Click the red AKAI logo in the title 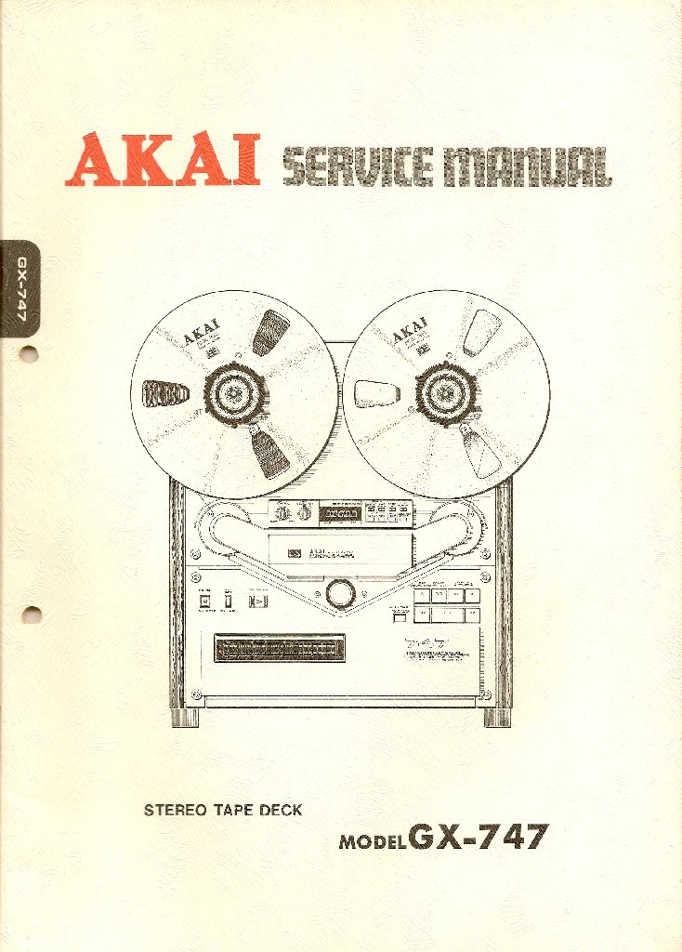pyautogui.click(x=162, y=160)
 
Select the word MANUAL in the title pyautogui.click(x=526, y=167)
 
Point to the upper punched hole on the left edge pyautogui.click(x=29, y=354)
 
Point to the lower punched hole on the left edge pyautogui.click(x=31, y=614)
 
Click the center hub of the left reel pyautogui.click(x=234, y=393)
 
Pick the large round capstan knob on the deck pyautogui.click(x=340, y=592)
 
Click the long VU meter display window pyautogui.click(x=280, y=649)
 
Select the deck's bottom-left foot pyautogui.click(x=186, y=717)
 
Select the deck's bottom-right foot pyautogui.click(x=496, y=717)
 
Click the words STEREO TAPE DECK pyautogui.click(x=223, y=810)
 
